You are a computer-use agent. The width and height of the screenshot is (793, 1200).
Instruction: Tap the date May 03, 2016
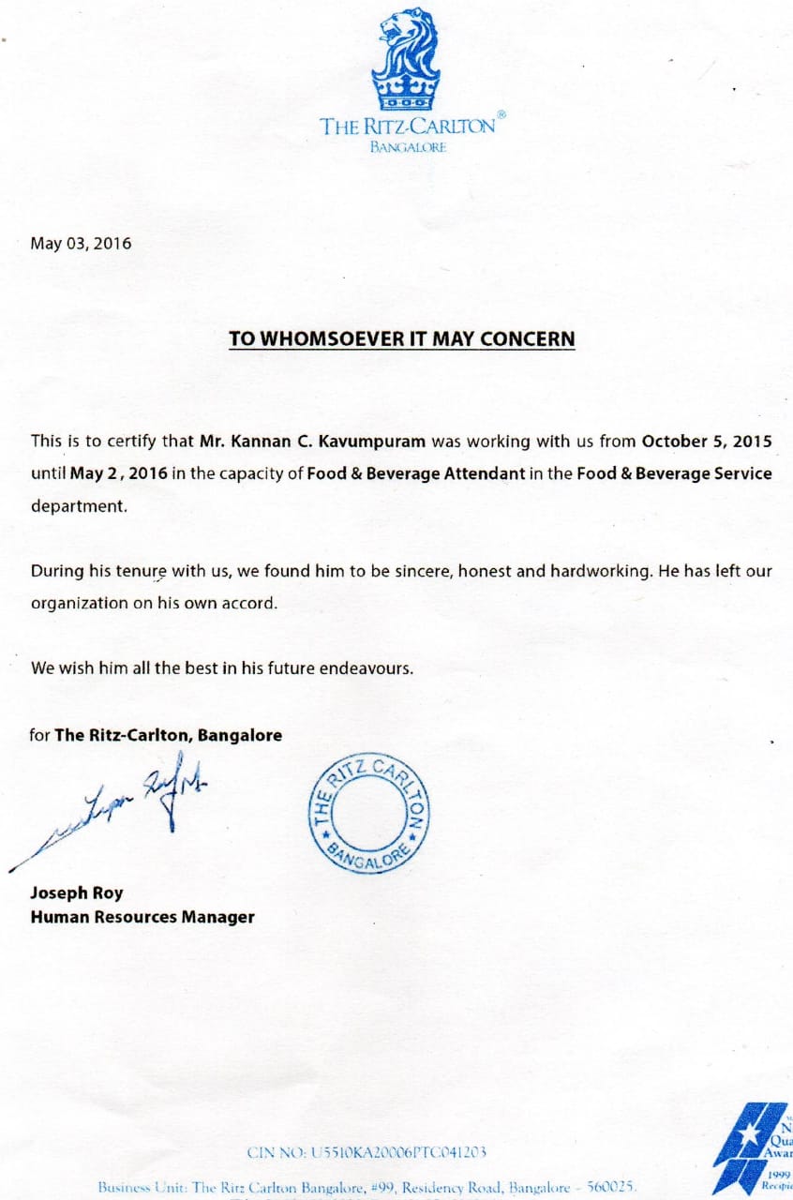click(x=81, y=244)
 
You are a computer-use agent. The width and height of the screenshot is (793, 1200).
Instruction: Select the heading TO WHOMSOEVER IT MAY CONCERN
click(x=402, y=338)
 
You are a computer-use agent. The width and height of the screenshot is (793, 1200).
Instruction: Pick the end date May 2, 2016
click(x=118, y=473)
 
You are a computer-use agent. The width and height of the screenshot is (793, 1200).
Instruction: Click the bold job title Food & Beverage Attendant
click(x=416, y=473)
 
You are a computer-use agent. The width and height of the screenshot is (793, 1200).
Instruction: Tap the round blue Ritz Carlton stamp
click(x=369, y=812)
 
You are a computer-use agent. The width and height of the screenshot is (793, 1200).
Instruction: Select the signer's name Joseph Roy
click(x=77, y=893)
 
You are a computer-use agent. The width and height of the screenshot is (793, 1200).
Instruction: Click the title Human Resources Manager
click(x=142, y=917)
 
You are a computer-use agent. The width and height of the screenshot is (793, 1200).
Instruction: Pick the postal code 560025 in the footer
click(x=611, y=1186)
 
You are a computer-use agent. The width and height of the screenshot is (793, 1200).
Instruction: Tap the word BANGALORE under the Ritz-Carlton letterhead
click(x=408, y=147)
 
